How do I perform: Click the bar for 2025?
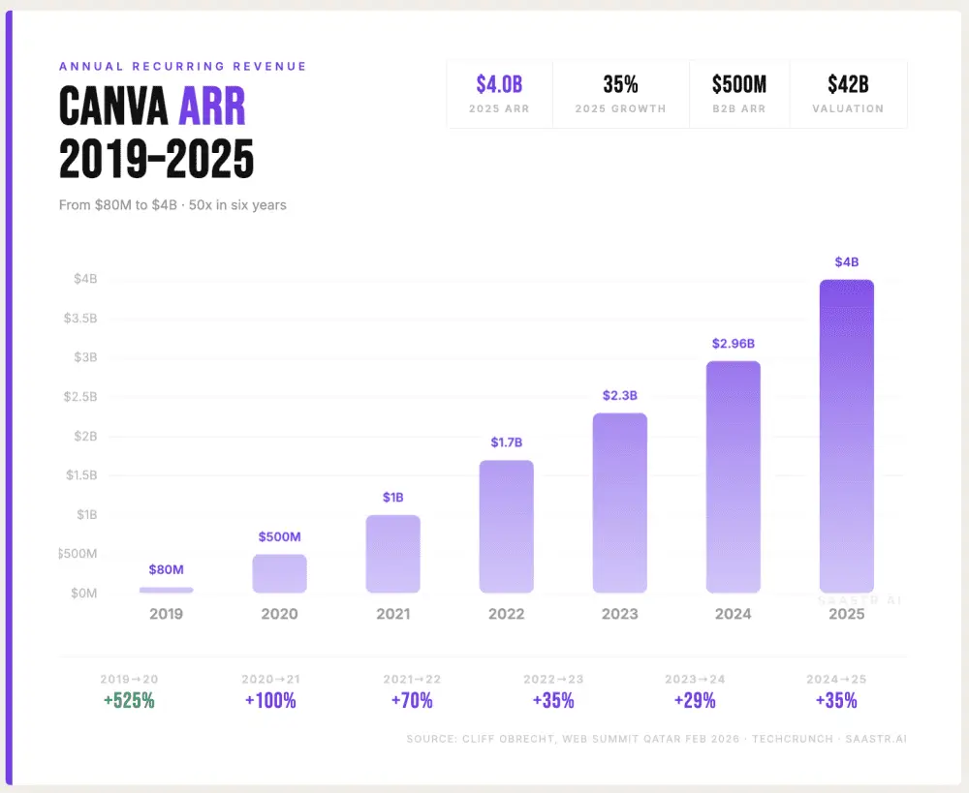pyautogui.click(x=846, y=436)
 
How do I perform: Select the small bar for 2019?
pyautogui.click(x=166, y=590)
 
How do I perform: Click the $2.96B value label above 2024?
pyautogui.click(x=733, y=343)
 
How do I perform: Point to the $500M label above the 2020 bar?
pyautogui.click(x=279, y=536)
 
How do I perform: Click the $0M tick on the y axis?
pyautogui.click(x=84, y=593)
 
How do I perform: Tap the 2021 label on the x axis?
pyautogui.click(x=392, y=614)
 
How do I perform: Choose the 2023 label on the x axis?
pyautogui.click(x=619, y=614)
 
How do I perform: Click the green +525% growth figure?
pyautogui.click(x=129, y=700)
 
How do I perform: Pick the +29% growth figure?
pyautogui.click(x=695, y=700)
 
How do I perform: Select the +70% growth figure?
pyautogui.click(x=411, y=700)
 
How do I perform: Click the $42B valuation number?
pyautogui.click(x=848, y=85)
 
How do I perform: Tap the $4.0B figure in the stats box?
pyautogui.click(x=499, y=85)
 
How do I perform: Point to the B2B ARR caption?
pyautogui.click(x=738, y=109)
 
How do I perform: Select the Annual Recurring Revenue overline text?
pyautogui.click(x=182, y=66)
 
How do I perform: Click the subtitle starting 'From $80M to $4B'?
pyautogui.click(x=172, y=205)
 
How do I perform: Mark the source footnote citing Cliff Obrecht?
pyautogui.click(x=656, y=739)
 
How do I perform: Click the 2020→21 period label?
pyautogui.click(x=270, y=680)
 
